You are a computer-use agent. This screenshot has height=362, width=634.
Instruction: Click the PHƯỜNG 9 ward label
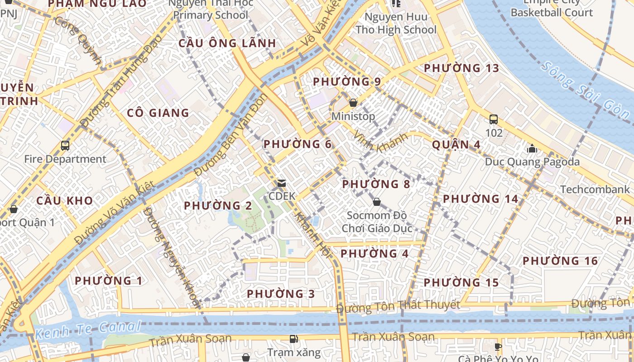coord(347,82)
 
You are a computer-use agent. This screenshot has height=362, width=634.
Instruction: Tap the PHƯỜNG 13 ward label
coord(461,68)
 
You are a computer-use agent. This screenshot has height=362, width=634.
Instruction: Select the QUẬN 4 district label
coord(456,145)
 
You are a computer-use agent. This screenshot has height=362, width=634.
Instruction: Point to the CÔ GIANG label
coord(158,113)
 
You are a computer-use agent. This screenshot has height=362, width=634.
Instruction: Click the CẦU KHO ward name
coord(64,200)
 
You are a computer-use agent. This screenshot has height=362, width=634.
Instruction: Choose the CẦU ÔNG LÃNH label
coord(227,43)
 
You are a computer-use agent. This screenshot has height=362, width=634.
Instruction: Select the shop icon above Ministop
coord(353,103)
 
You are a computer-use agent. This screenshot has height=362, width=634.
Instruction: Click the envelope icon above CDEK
coord(282,183)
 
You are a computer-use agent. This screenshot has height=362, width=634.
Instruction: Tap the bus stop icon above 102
coord(494,119)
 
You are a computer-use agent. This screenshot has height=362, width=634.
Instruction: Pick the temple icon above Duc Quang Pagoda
coord(532,148)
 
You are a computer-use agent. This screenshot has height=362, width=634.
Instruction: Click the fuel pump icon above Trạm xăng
coord(293,339)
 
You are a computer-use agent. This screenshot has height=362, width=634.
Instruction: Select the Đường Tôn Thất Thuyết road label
coord(398,307)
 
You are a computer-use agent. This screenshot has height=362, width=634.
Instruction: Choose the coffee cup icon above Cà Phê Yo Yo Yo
coord(498,347)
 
